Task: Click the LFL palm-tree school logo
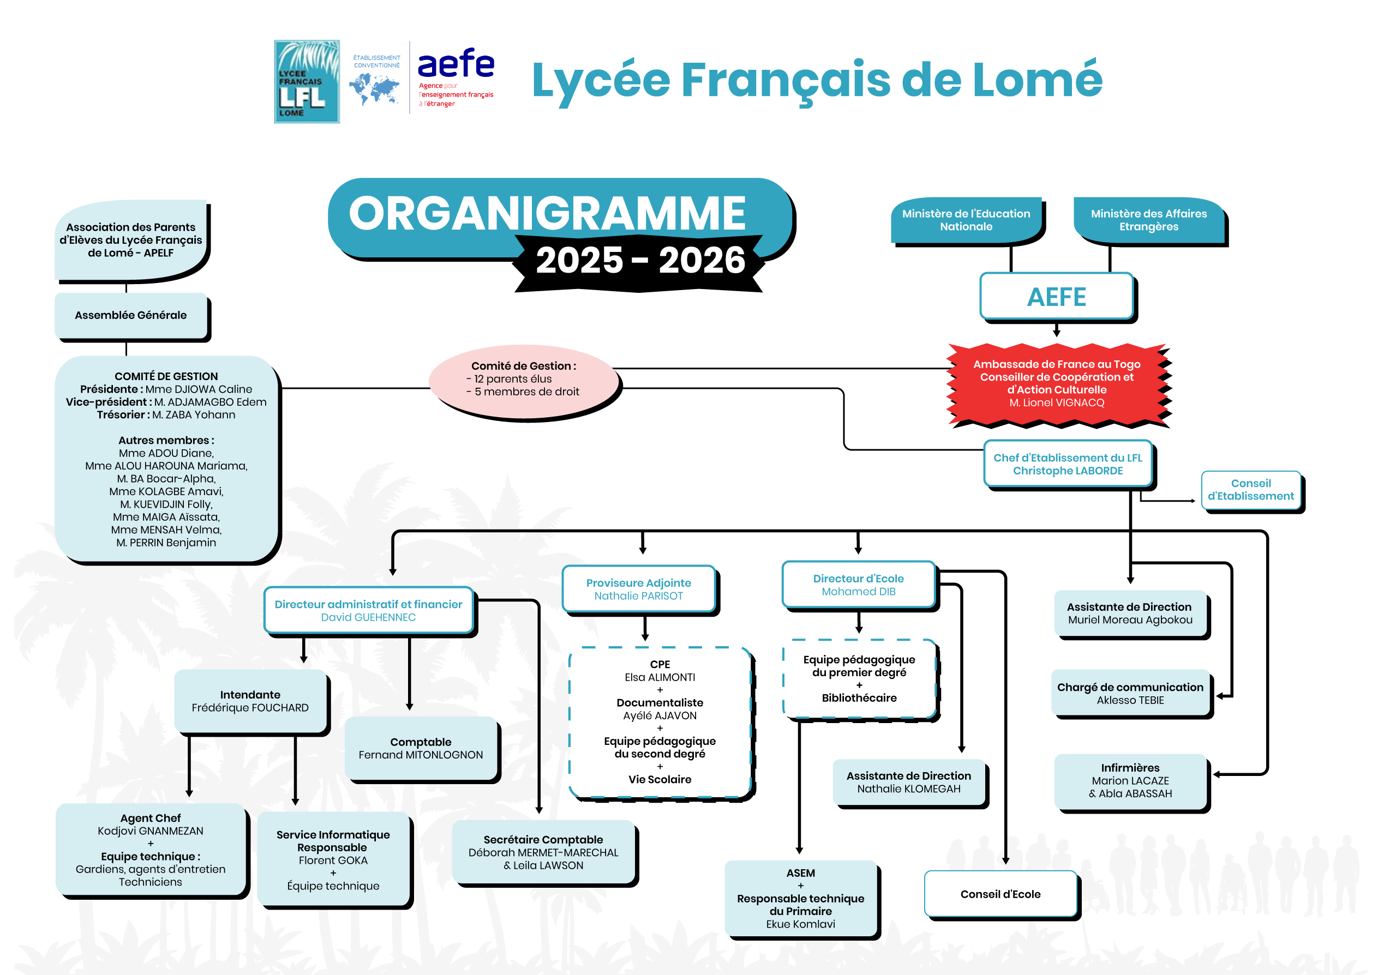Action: [306, 82]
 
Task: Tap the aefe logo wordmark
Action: [455, 64]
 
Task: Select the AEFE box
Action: [1056, 297]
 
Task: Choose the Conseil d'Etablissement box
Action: [1250, 490]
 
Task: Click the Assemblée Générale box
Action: [130, 315]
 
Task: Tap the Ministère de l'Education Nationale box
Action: [966, 220]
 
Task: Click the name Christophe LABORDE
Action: [1067, 471]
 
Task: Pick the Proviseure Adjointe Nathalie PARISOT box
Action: [638, 589]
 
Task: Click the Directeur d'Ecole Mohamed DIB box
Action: [858, 585]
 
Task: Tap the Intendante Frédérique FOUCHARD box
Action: [250, 701]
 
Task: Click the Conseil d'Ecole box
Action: [1000, 894]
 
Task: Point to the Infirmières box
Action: [1129, 780]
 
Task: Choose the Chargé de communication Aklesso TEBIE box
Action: [1129, 694]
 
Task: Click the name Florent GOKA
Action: [333, 860]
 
